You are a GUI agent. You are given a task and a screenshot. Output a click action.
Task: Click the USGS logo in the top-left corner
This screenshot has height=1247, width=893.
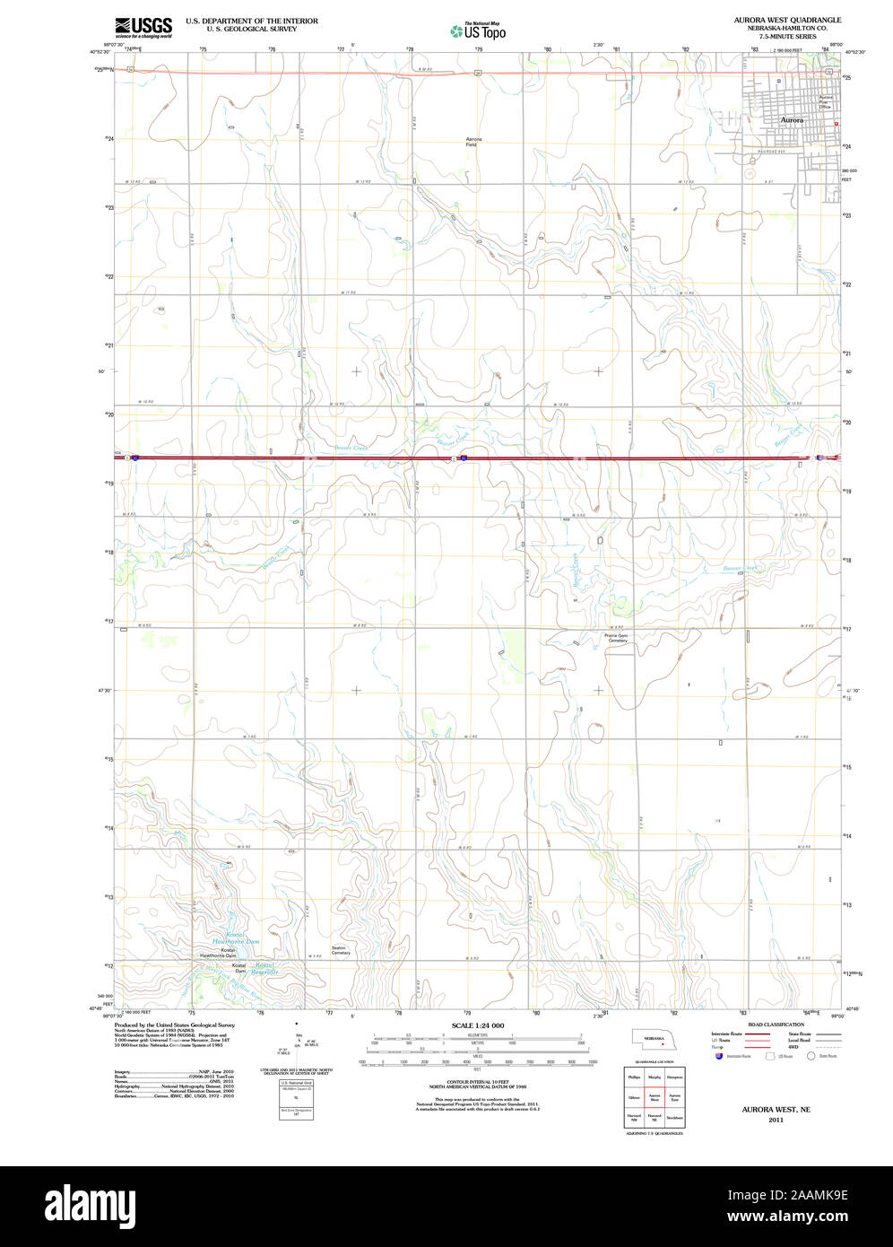[143, 27]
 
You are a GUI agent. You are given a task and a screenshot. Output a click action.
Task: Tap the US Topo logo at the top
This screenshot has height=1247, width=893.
[478, 31]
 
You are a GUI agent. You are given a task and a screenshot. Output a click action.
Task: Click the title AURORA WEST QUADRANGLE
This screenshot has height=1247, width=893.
[787, 20]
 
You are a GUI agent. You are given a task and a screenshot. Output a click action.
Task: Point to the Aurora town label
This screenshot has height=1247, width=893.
[792, 119]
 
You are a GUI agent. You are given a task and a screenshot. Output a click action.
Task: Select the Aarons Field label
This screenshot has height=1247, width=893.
[473, 142]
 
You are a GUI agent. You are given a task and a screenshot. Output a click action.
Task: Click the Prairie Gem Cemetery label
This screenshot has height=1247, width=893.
[617, 638]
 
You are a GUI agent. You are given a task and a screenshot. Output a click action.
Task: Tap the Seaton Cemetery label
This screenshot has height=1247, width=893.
[341, 950]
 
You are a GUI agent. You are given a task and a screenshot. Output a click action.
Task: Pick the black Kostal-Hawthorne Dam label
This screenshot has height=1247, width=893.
[217, 952]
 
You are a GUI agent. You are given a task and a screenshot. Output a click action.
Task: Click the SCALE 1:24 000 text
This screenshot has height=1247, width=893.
[478, 1025]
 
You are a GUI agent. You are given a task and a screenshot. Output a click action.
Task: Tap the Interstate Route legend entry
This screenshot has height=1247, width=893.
[727, 1033]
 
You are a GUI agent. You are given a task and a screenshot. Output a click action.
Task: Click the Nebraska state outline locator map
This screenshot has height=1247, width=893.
[654, 1038]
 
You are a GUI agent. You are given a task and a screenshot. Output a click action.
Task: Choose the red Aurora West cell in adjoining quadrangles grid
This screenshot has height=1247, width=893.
[655, 1097]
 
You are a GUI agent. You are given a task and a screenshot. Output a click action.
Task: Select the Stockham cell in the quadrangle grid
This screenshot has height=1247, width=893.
[674, 1118]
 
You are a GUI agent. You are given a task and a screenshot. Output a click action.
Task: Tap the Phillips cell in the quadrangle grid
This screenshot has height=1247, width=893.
[634, 1077]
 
